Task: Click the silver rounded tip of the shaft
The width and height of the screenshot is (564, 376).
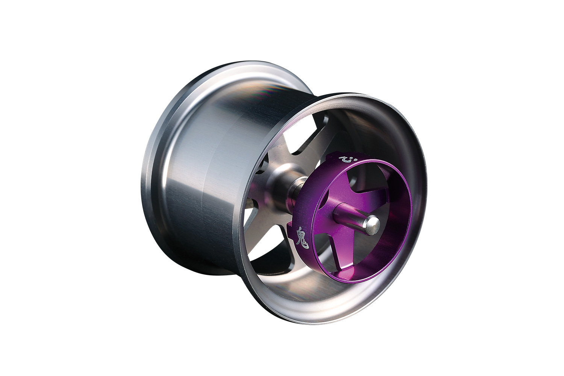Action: [373, 222]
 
